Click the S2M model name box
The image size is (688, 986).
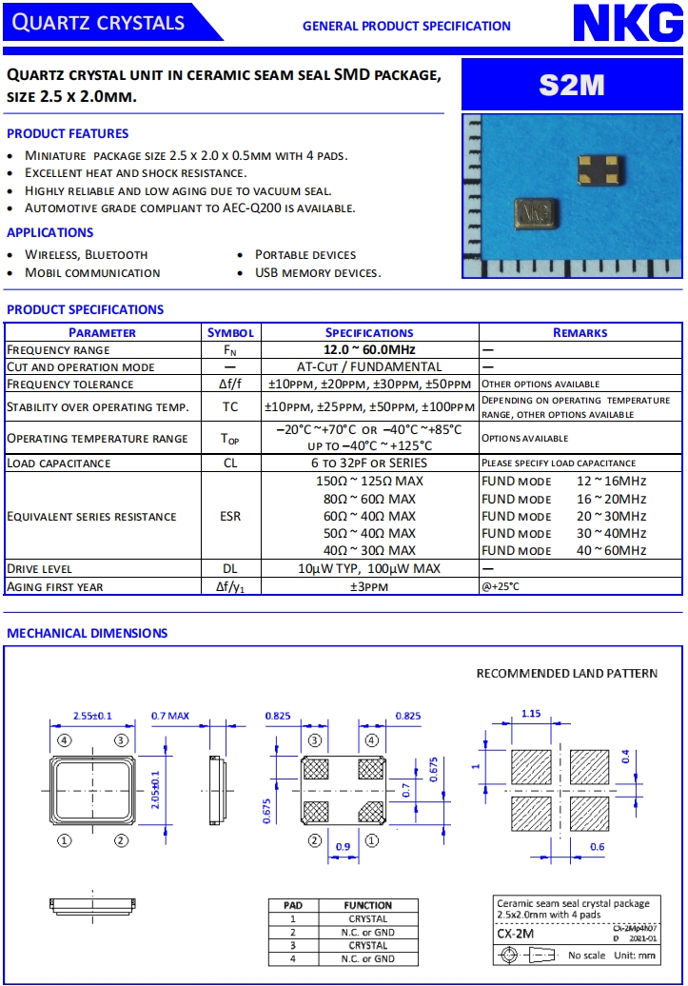[571, 86]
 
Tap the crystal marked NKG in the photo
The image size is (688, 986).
[537, 214]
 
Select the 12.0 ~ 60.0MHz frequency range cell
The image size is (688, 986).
[369, 349]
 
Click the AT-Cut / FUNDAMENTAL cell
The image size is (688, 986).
[369, 366]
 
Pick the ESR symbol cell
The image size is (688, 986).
[229, 516]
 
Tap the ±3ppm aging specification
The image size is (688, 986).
[369, 586]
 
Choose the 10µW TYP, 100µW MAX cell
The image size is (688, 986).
[369, 569]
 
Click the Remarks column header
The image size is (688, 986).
[580, 332]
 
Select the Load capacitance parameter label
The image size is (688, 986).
[59, 463]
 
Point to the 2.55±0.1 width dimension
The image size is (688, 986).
[92, 715]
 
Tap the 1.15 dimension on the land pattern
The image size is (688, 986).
[532, 714]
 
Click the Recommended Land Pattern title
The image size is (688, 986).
[566, 674]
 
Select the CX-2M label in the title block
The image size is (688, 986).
[516, 934]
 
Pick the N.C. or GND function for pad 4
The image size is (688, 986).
[367, 959]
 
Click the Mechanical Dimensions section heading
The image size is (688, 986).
[88, 633]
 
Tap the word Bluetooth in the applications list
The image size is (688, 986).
[116, 255]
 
